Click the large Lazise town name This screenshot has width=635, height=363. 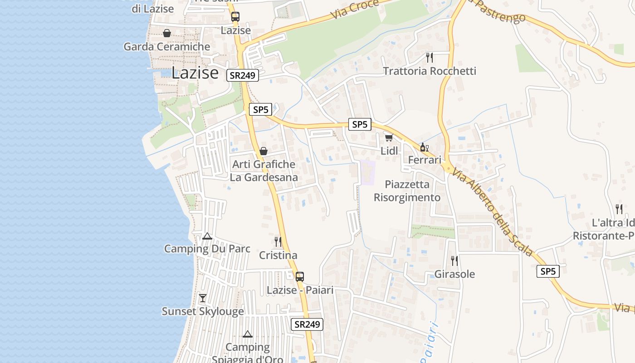pyautogui.click(x=195, y=73)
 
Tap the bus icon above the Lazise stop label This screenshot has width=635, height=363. pyautogui.click(x=235, y=17)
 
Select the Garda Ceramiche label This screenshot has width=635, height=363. pyautogui.click(x=167, y=46)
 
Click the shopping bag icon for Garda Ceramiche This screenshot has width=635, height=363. pyautogui.click(x=167, y=33)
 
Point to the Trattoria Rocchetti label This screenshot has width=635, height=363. pyautogui.click(x=430, y=71)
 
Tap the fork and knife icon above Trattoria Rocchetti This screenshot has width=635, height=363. pyautogui.click(x=430, y=57)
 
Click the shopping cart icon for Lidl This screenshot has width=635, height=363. pyautogui.click(x=389, y=137)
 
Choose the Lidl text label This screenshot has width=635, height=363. pyautogui.click(x=389, y=151)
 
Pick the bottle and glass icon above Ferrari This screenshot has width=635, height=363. pyautogui.click(x=424, y=147)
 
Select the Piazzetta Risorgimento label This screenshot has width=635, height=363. pyautogui.click(x=407, y=191)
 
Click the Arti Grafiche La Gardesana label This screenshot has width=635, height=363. pyautogui.click(x=264, y=171)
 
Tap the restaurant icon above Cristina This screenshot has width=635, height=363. pyautogui.click(x=278, y=242)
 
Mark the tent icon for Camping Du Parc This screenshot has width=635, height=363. pyautogui.click(x=207, y=236)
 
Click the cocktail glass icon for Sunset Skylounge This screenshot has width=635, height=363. pyautogui.click(x=203, y=298)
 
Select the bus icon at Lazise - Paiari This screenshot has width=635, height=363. pyautogui.click(x=300, y=276)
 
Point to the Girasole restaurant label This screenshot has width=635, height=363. pyautogui.click(x=454, y=274)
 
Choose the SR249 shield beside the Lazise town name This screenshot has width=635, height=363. pyautogui.click(x=243, y=75)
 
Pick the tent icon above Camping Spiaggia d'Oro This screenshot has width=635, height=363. pyautogui.click(x=247, y=334)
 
